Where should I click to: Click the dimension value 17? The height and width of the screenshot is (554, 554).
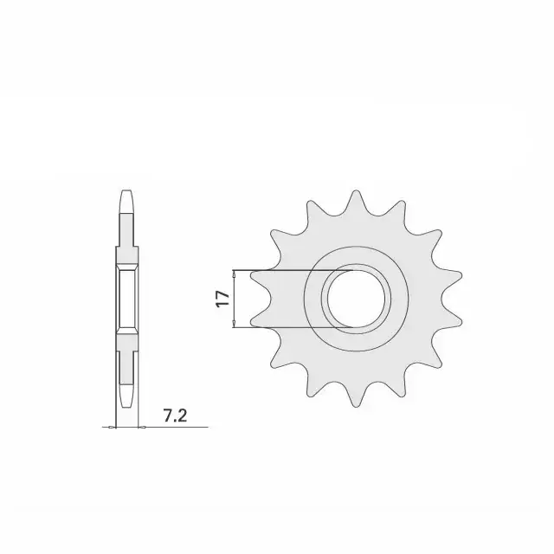(x=222, y=300)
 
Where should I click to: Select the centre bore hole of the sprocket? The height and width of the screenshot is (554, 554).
(x=355, y=299)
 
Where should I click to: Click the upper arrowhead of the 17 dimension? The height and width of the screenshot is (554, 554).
(x=235, y=274)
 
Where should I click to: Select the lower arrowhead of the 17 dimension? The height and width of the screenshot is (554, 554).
(x=235, y=324)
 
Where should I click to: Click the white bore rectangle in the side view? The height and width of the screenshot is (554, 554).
(x=127, y=299)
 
